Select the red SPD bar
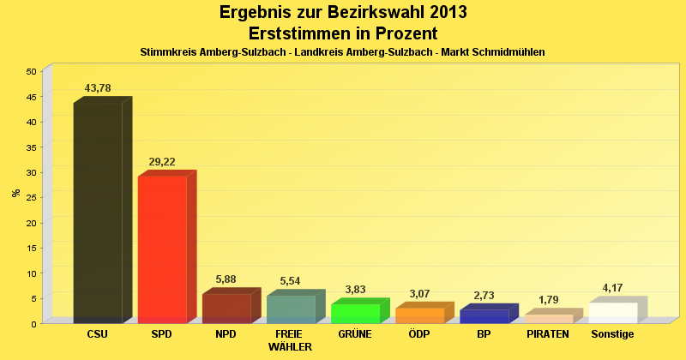[162, 249]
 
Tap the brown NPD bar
[226, 309]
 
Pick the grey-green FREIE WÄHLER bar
[291, 309]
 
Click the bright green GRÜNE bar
[355, 314]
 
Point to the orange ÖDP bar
[419, 315]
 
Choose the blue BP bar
[484, 316]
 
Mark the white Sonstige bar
[612, 313]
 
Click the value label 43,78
[98, 88]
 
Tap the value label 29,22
[162, 162]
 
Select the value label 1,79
[548, 300]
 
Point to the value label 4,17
[612, 288]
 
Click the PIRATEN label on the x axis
[548, 333]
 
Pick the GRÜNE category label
[355, 333]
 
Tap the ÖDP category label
[419, 333]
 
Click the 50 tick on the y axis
[31, 71]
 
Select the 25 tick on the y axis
[31, 197]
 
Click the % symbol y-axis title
[15, 193]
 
